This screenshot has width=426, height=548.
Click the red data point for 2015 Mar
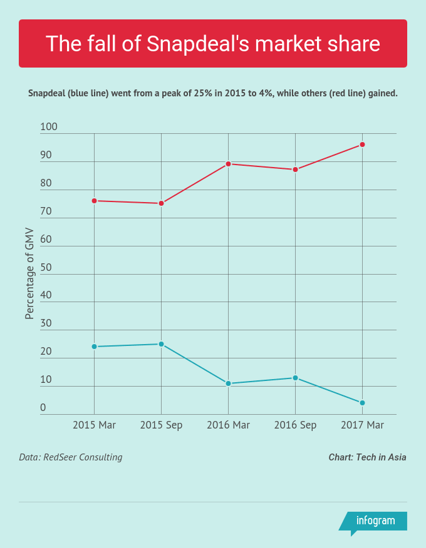[94, 201]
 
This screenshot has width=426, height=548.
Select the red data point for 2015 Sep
[161, 203]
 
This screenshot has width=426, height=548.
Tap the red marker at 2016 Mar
[228, 164]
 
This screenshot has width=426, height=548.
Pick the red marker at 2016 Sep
[295, 170]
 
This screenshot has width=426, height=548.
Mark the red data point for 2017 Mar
[362, 145]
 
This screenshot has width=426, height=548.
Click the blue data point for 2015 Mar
[94, 347]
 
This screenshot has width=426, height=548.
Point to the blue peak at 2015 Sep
[161, 344]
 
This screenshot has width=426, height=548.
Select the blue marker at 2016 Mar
[228, 383]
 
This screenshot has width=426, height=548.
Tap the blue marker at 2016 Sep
[295, 378]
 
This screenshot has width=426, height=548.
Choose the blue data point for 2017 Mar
[362, 403]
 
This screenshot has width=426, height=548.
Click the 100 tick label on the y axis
[49, 127]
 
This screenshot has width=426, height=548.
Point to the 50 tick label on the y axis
[46, 268]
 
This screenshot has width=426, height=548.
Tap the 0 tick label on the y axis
[43, 408]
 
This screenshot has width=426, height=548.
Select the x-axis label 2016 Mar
[228, 425]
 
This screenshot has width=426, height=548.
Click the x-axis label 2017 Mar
[362, 425]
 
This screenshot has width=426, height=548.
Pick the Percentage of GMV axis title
[29, 273]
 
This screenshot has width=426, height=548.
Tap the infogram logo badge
[375, 521]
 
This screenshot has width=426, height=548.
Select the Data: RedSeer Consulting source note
[71, 457]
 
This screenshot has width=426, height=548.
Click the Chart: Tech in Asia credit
[367, 457]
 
